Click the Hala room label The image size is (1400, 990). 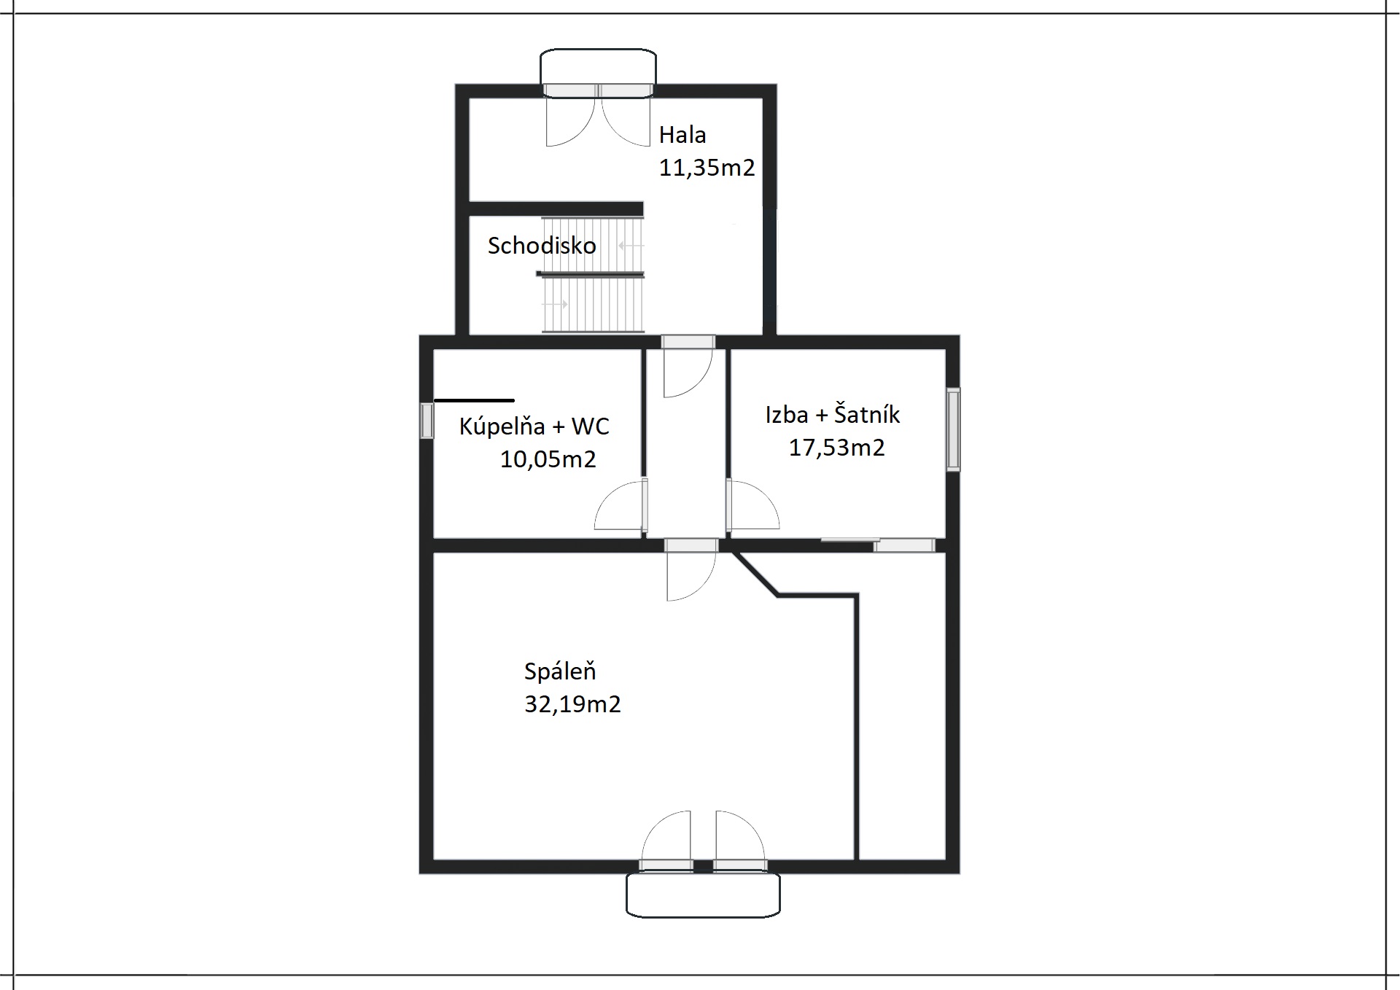[682, 135]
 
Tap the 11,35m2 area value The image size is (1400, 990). [707, 168]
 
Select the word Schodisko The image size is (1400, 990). [542, 246]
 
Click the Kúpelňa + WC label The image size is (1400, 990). [534, 426]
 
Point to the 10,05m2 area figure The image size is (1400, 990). [548, 459]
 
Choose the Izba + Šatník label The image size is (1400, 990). [832, 414]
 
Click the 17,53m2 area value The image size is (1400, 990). [836, 447]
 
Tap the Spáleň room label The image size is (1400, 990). [560, 671]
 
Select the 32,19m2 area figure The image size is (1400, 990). [572, 704]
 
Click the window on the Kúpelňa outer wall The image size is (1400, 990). [427, 421]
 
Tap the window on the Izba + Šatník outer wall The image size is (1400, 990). [953, 429]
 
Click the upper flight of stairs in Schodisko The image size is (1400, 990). [593, 245]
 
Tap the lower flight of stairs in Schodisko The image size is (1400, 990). [593, 304]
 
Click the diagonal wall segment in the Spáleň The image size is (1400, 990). [755, 574]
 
